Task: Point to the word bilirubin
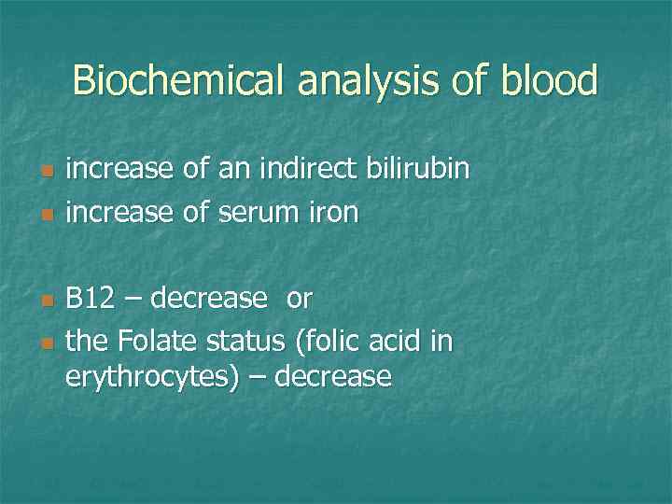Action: coord(420,171)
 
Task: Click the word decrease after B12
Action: coord(208,300)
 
